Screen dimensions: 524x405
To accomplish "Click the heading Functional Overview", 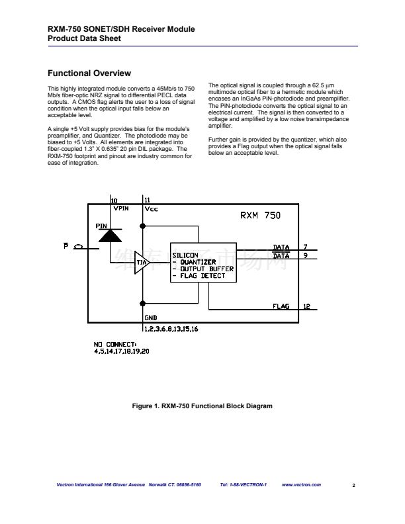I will (90, 73).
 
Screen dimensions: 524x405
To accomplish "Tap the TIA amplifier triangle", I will (142, 263).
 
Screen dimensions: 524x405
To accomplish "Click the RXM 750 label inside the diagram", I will (259, 215).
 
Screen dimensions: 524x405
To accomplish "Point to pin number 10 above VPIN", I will (114, 200).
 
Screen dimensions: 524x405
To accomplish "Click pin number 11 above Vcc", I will (147, 200).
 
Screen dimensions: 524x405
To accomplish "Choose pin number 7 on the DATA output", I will (305, 247).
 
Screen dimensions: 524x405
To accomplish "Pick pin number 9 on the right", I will (305, 255).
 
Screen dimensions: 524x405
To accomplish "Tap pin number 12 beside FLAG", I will (306, 306).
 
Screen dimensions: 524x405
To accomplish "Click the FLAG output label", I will (281, 306).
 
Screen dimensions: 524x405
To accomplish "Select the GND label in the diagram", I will (150, 318).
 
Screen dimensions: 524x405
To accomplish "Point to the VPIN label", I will (121, 208).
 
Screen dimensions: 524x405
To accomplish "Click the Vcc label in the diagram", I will (151, 208).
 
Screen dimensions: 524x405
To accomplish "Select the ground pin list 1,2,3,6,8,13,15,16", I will (171, 327).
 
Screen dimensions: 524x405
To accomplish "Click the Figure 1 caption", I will (202, 406).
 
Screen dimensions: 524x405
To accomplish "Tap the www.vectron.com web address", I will (301, 485).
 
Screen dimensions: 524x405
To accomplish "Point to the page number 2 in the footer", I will (353, 486).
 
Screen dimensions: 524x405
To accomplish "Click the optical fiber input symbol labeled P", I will (78, 247).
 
